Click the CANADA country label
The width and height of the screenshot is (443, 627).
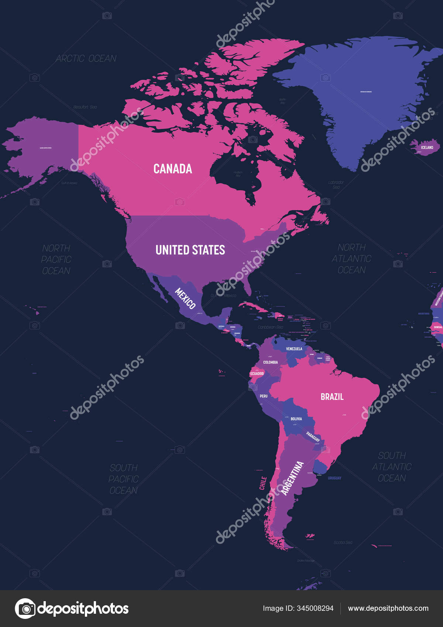point(173,169)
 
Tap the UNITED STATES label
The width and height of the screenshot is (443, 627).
point(190,250)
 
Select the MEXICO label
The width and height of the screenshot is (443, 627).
point(185,298)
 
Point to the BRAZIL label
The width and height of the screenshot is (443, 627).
point(332,397)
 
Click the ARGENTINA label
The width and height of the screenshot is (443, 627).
point(292,478)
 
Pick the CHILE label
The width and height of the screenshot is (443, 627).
point(263,483)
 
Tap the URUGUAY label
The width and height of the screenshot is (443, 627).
point(334,478)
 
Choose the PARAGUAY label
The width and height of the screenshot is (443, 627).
point(313,437)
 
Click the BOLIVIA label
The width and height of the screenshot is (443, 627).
point(296,419)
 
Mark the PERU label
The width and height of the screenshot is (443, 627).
point(264,396)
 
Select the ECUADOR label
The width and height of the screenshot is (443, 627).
point(257,374)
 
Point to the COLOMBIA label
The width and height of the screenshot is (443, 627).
point(271,362)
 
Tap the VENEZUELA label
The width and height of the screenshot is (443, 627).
point(294,349)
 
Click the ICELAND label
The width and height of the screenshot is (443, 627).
point(427,148)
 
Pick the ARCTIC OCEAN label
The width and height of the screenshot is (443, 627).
point(86,59)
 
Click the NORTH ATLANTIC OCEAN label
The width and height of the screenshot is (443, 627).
point(351,259)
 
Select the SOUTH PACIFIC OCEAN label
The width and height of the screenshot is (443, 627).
point(123,479)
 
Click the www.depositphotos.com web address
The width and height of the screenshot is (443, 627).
point(388,608)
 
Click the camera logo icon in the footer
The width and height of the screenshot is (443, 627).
point(25,608)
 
